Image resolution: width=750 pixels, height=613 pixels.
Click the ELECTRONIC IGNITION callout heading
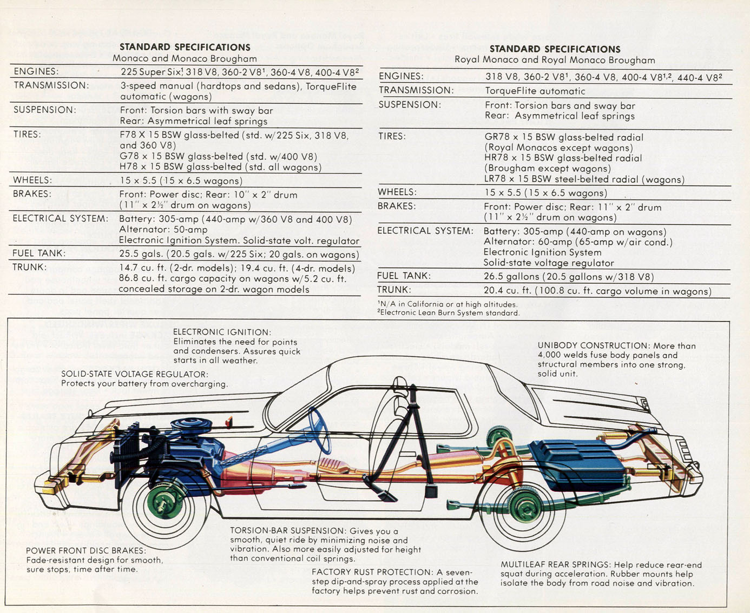[222, 332]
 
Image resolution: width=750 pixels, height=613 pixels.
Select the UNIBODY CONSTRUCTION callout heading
[593, 345]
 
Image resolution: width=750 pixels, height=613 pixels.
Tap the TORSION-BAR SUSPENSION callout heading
[287, 531]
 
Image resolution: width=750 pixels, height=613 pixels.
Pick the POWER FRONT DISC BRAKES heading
[85, 550]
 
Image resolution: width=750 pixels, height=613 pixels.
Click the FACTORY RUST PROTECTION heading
[371, 572]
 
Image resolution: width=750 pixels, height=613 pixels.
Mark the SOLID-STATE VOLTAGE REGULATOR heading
[134, 374]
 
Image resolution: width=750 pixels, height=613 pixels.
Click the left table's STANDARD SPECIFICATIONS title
[185, 47]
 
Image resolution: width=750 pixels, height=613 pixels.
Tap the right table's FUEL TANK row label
[404, 276]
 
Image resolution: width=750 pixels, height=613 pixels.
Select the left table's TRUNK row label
[30, 267]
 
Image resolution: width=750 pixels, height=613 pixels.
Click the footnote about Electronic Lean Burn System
[449, 312]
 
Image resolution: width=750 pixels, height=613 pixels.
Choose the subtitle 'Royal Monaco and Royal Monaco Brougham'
[554, 60]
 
